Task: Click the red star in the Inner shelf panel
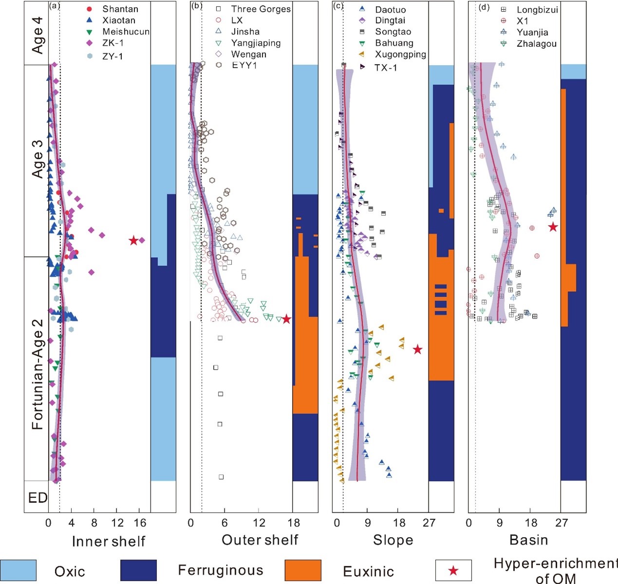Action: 133,241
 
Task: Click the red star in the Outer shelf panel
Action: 286,319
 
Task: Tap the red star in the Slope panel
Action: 417,350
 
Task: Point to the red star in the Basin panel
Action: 553,227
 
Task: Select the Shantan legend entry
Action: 120,9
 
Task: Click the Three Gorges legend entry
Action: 261,9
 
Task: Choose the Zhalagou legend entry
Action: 536,44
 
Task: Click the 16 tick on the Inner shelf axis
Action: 140,523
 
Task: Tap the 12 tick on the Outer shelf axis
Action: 259,523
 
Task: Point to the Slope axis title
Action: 393,540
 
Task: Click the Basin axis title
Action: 528,540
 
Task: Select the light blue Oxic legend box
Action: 18,570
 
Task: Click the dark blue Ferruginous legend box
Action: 138,570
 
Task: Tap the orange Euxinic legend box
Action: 303,570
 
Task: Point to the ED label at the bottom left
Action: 37,498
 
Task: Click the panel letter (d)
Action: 484,7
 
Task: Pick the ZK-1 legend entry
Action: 112,43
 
